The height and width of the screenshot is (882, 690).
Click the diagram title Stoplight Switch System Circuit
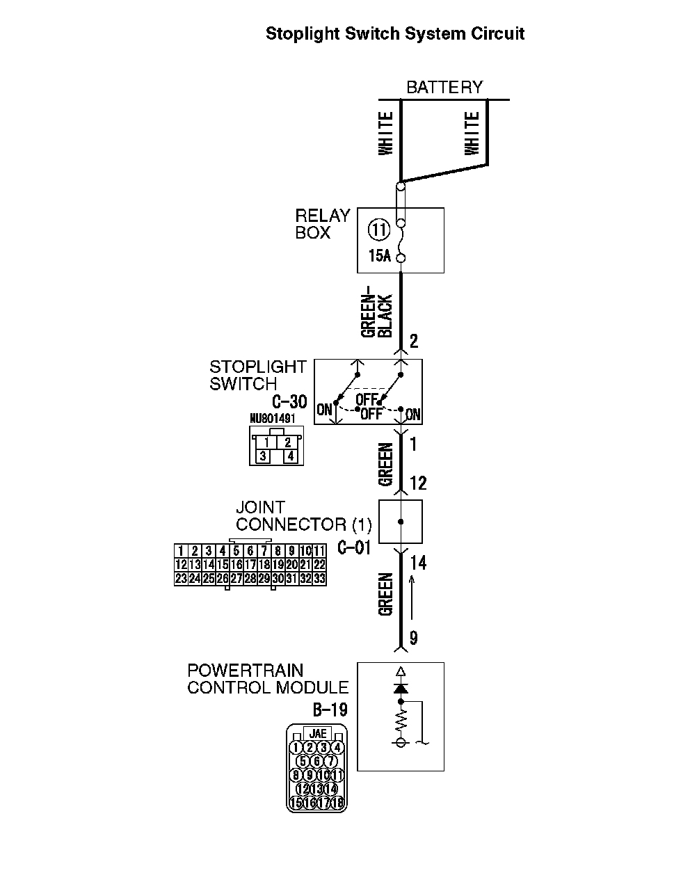[x=395, y=33]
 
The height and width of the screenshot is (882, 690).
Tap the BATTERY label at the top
[x=444, y=88]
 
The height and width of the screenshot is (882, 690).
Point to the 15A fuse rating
[x=379, y=256]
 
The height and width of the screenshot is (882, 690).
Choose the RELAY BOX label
[x=321, y=224]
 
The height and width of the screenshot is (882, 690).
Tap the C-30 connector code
[x=289, y=402]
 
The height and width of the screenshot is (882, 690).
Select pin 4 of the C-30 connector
[x=289, y=456]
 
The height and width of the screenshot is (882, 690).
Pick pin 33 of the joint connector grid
[x=319, y=578]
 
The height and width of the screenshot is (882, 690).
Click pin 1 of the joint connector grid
[x=181, y=552]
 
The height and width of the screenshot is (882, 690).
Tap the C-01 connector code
[x=354, y=547]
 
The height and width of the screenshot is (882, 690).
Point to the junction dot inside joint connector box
[x=401, y=522]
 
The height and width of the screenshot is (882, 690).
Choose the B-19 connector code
[x=330, y=709]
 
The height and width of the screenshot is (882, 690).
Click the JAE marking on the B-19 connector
[x=317, y=734]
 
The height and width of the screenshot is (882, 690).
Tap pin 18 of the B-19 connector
[x=337, y=803]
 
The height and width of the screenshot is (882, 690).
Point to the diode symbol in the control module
[x=400, y=687]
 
